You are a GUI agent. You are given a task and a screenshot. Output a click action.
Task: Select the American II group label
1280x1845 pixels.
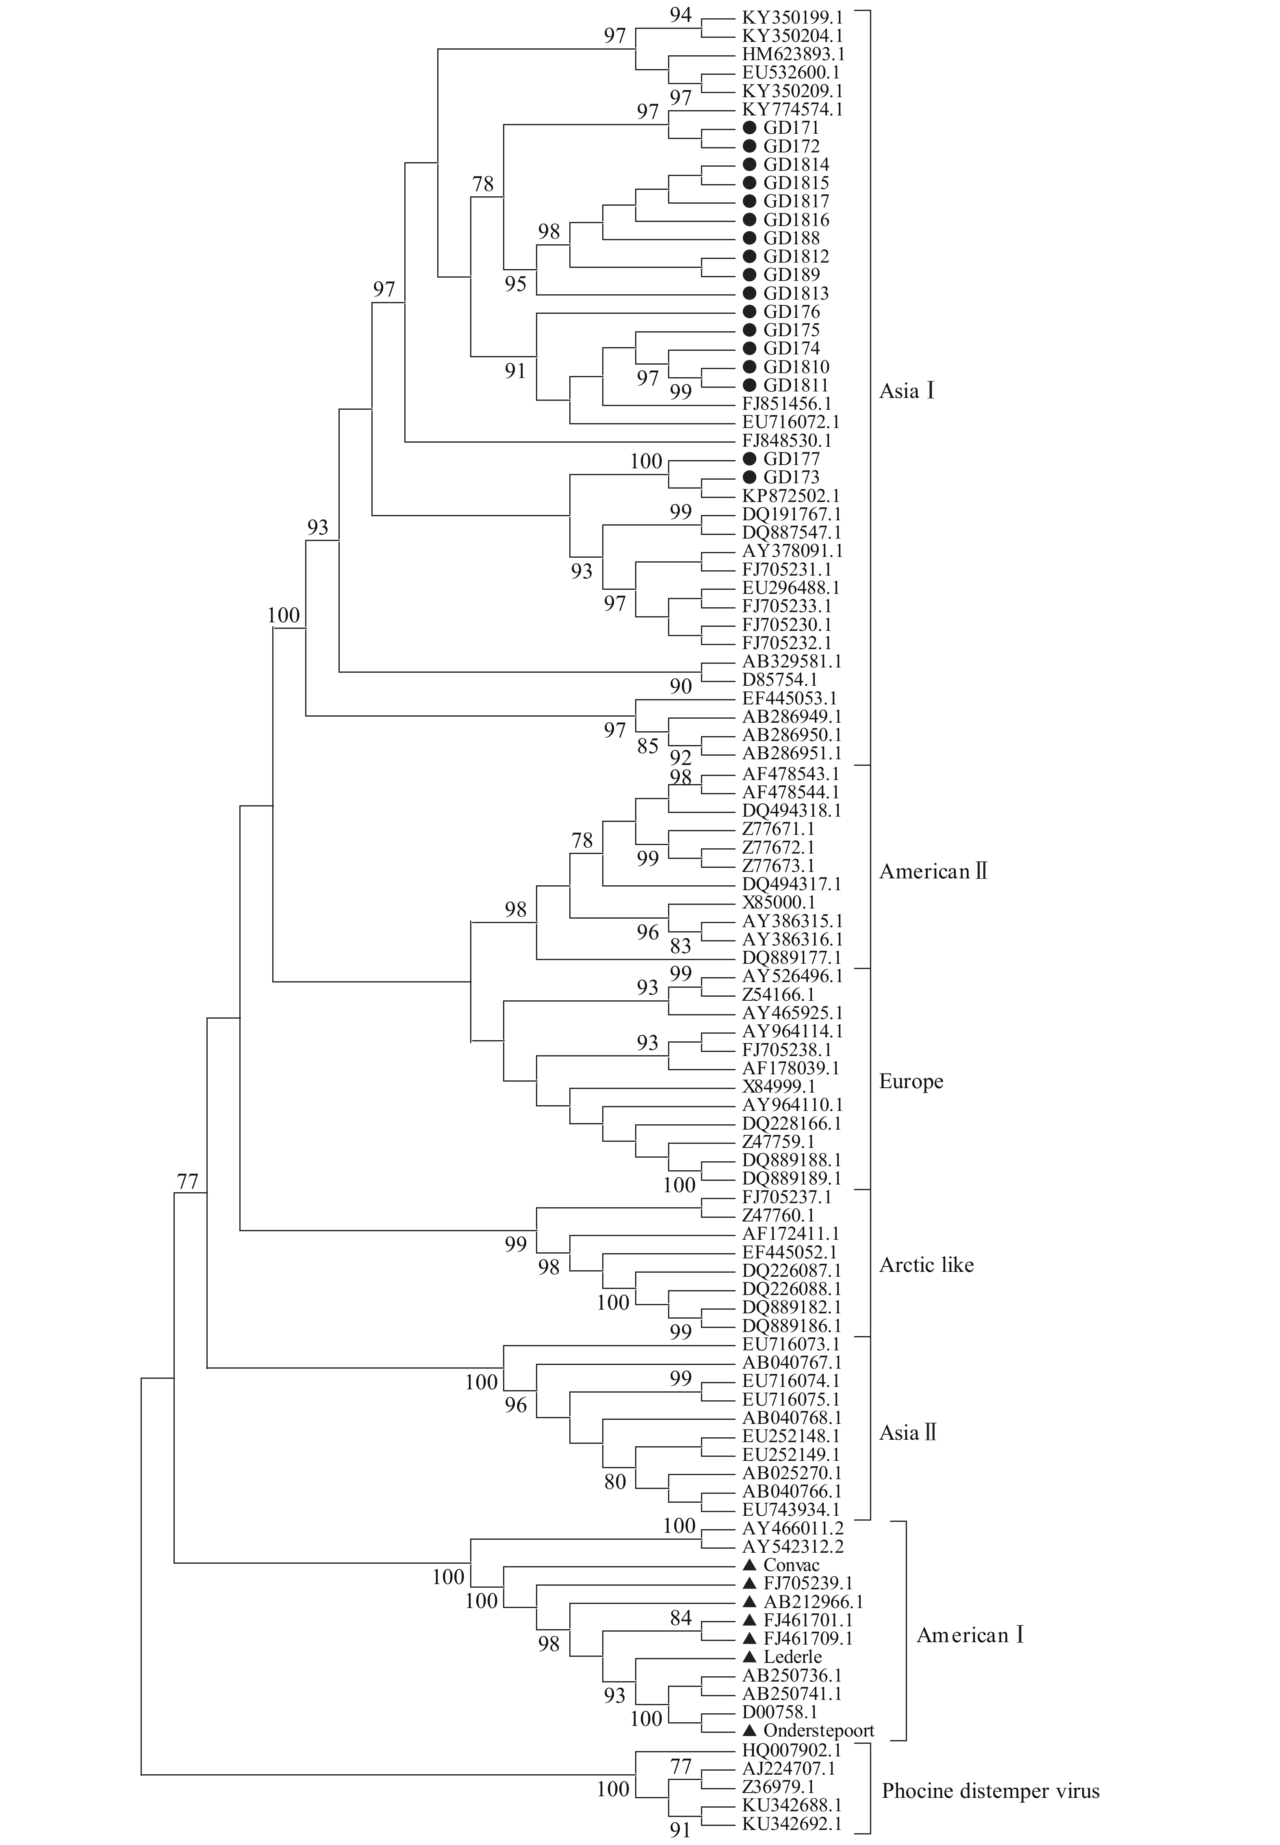pos(933,872)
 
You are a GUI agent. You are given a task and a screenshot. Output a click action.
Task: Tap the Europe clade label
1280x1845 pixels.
pos(911,1081)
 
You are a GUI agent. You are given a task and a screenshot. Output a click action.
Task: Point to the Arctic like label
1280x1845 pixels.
pos(926,1265)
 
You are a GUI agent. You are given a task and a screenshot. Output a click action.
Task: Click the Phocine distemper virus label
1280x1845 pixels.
pos(991,1791)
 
